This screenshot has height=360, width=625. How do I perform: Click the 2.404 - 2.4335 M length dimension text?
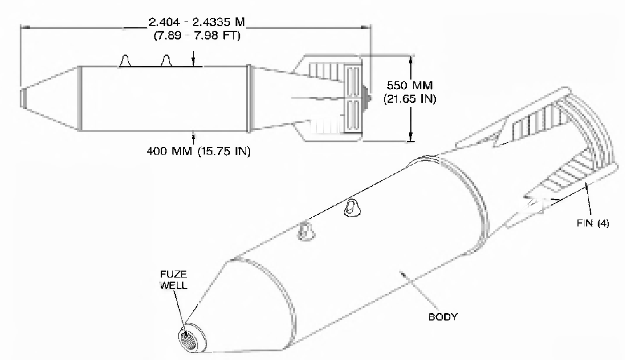(197, 21)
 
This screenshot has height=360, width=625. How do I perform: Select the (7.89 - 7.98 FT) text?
(197, 35)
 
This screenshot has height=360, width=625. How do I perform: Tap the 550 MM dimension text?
(410, 85)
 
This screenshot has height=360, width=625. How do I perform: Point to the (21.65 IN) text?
(410, 99)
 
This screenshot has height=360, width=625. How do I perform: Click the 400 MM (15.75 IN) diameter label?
(198, 151)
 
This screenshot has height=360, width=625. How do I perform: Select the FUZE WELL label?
(174, 279)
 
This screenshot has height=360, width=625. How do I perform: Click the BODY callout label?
(443, 316)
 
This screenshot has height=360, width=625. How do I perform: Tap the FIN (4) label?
(593, 223)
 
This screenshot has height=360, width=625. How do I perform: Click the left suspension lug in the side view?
(125, 60)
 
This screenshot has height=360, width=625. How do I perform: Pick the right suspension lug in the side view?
(166, 60)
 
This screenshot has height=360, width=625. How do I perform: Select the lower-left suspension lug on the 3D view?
(306, 231)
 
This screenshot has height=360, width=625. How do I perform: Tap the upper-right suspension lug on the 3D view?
(351, 208)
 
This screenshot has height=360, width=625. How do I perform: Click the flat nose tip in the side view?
(23, 98)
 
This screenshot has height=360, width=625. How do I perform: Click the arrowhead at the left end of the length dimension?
(25, 27)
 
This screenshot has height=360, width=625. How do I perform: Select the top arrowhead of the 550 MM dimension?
(410, 60)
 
